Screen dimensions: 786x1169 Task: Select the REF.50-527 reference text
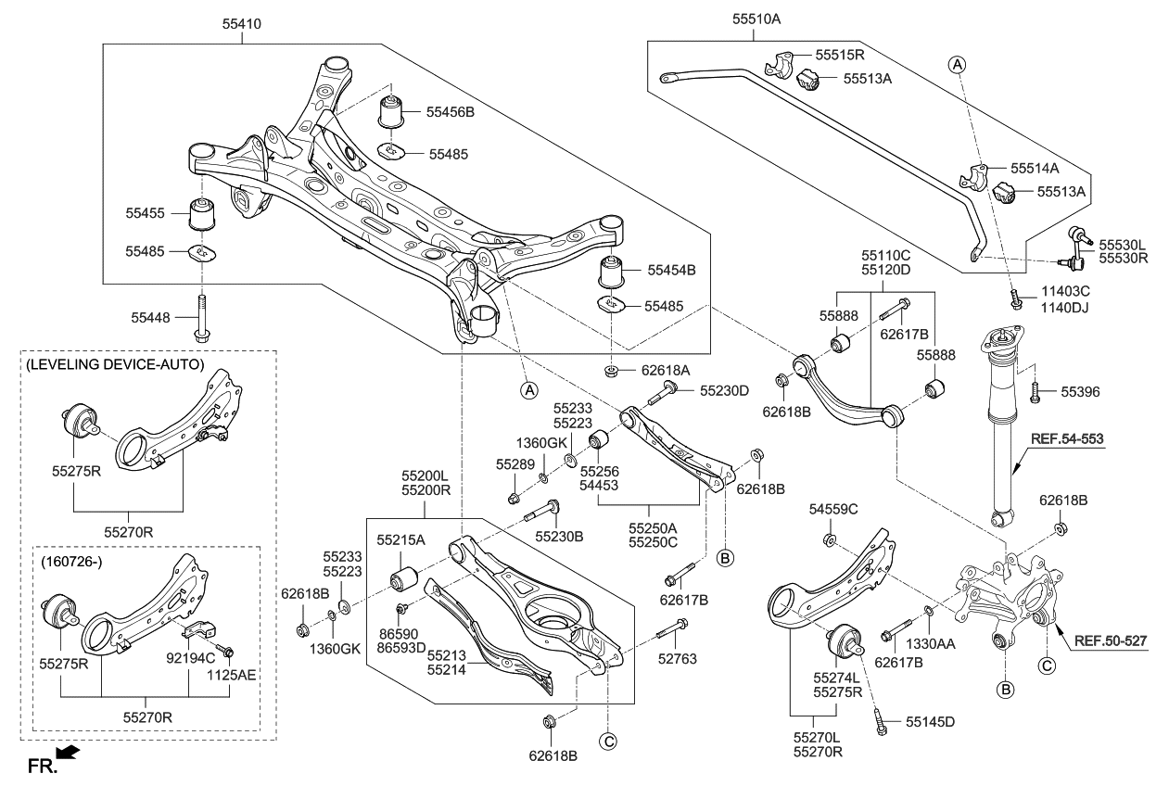1112,640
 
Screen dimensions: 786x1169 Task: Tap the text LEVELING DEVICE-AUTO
116,365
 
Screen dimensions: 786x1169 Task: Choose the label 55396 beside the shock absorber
1080,392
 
